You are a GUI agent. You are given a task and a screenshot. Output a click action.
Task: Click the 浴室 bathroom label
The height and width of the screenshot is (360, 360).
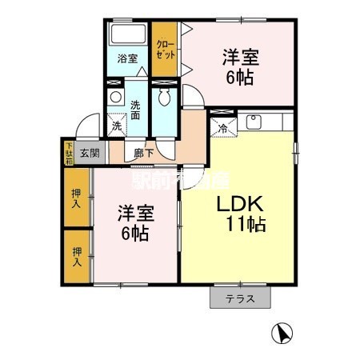coord(127,58)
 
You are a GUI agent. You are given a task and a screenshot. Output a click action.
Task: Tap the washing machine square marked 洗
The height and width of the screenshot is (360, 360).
coord(117,125)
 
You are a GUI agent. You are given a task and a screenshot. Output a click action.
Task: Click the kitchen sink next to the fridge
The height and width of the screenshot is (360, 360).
coord(254,122)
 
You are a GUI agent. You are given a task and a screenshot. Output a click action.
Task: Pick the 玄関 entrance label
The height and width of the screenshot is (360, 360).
coord(89,153)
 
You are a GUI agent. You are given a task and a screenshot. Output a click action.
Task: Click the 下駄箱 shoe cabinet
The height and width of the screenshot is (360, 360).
coord(69,151)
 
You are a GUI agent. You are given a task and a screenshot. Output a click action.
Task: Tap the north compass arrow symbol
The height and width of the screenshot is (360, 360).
coord(282,331)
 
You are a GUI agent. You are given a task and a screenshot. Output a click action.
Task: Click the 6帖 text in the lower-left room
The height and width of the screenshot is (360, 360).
coord(134,234)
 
